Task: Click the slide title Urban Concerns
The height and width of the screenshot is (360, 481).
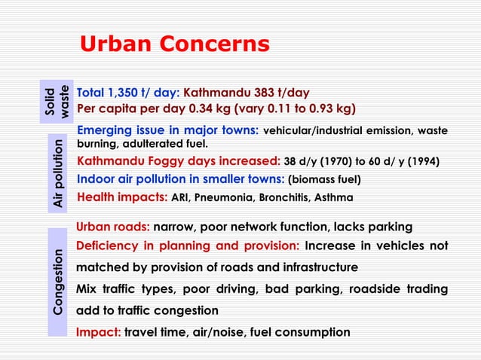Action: pyautogui.click(x=174, y=44)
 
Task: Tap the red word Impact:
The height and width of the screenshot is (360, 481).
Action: pyautogui.click(x=98, y=332)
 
